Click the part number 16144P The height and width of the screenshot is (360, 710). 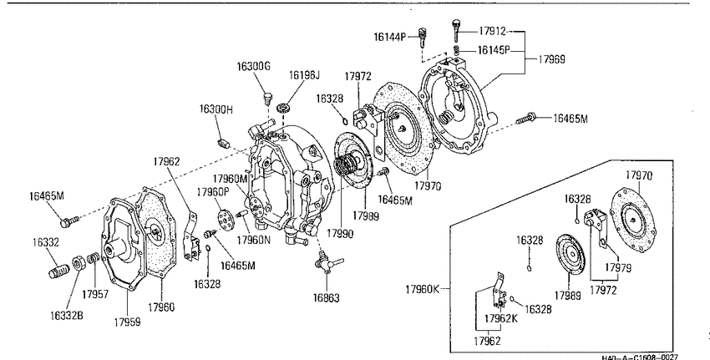click(390, 37)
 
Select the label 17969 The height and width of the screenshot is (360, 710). click(551, 59)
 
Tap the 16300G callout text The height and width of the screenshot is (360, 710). click(254, 67)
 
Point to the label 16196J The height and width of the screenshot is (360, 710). click(304, 74)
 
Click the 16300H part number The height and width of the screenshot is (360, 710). click(216, 109)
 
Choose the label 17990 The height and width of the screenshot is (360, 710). click(340, 234)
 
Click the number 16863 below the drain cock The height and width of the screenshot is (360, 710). click(326, 298)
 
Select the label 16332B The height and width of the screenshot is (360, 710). click(67, 315)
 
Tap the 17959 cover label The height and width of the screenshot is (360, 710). click(127, 322)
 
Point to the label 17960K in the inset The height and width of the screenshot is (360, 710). click(422, 289)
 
